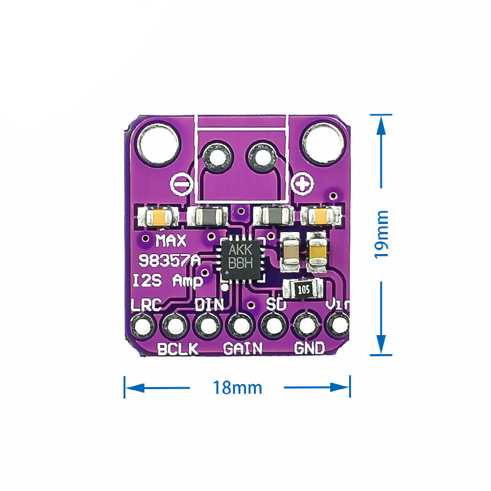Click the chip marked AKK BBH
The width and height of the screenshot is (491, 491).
[x=241, y=257]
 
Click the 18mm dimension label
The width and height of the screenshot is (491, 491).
[x=238, y=388]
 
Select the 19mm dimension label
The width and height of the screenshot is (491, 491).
[x=382, y=234]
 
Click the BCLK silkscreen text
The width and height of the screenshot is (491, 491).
[x=178, y=349]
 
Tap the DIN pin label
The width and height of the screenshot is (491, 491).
[x=209, y=303]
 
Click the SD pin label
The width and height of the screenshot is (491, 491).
[x=275, y=303]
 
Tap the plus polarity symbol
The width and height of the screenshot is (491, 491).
[x=301, y=182]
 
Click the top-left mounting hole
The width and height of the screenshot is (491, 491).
[x=159, y=141]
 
